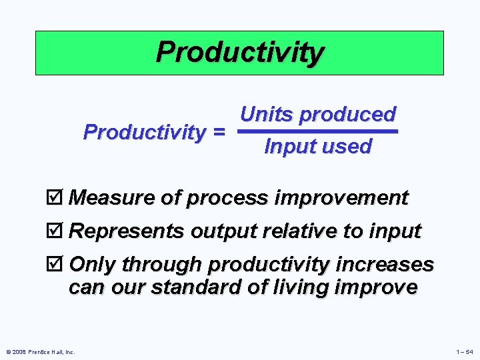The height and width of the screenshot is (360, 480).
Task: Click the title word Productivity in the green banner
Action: tap(239, 52)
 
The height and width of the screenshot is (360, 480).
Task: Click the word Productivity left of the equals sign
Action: tap(143, 132)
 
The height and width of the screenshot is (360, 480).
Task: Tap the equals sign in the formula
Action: tap(217, 133)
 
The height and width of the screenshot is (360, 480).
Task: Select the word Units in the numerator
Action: tap(267, 115)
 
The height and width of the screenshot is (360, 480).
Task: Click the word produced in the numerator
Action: tap(347, 115)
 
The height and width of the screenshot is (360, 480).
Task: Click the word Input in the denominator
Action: tap(290, 147)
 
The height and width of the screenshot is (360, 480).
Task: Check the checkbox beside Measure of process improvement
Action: tap(57, 198)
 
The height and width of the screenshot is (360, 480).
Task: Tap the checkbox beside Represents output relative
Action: tap(57, 231)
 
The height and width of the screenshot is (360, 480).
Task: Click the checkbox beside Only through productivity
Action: tap(57, 265)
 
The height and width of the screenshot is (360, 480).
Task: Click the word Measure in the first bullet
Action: tap(106, 198)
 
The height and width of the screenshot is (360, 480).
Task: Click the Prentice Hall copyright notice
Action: tap(39, 351)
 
